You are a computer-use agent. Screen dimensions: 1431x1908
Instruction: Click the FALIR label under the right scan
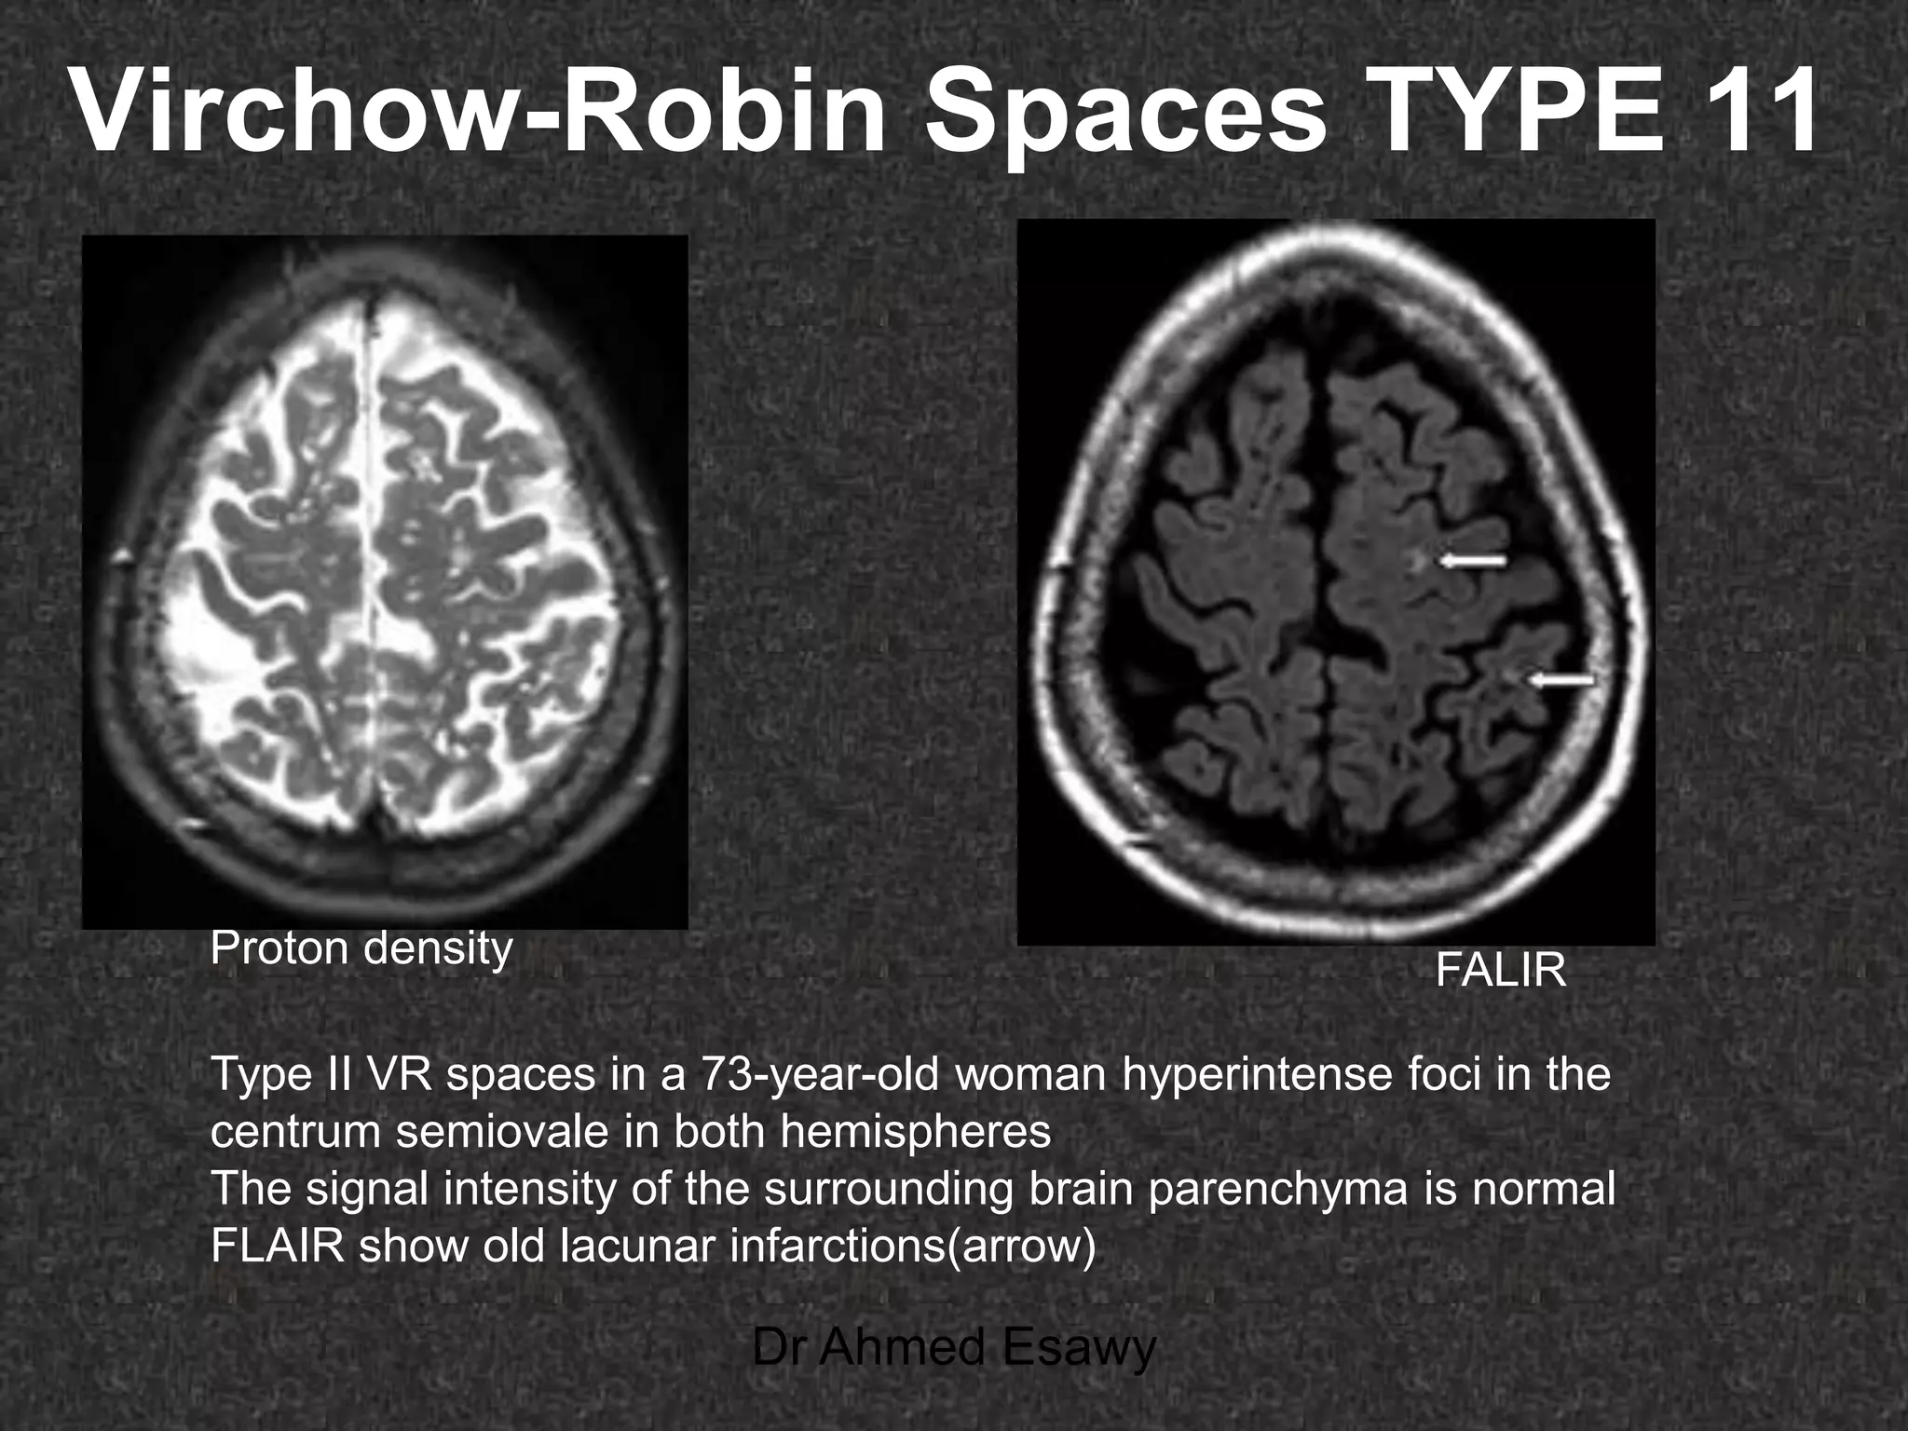pyautogui.click(x=1501, y=972)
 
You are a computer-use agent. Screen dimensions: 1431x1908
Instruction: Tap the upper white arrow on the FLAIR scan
pyautogui.click(x=1473, y=560)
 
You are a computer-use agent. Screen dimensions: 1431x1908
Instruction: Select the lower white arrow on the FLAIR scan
pyautogui.click(x=1562, y=681)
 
